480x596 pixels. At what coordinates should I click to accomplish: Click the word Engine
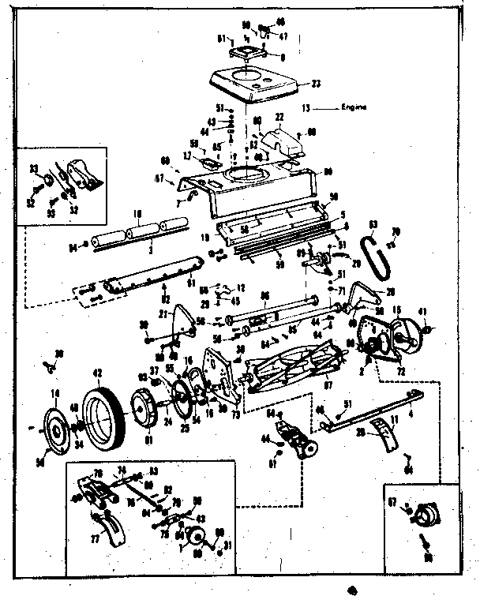coord(354,107)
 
